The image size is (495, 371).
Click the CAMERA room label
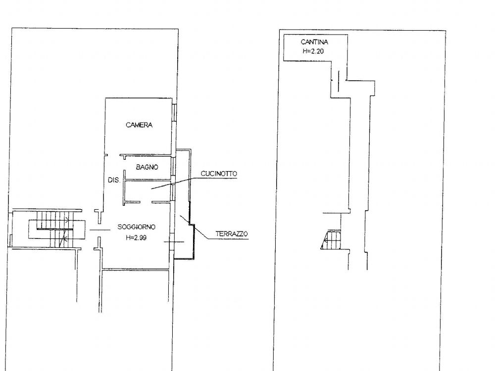[139, 125]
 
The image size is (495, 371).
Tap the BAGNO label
[147, 167]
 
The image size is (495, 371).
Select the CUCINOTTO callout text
[219, 174]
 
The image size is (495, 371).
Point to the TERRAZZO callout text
[232, 234]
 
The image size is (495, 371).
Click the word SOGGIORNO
[137, 227]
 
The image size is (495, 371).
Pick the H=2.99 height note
[136, 237]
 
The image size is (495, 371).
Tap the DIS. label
[114, 180]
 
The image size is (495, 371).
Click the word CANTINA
[314, 42]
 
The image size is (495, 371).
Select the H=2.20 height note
[313, 51]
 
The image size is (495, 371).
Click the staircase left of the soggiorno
[52, 229]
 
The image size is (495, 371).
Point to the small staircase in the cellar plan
[331, 240]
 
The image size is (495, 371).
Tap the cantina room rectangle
[316, 47]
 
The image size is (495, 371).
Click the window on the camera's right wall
[175, 112]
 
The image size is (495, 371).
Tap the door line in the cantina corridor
[339, 81]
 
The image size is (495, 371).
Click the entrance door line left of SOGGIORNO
[100, 230]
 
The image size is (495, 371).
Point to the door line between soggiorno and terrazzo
[174, 242]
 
